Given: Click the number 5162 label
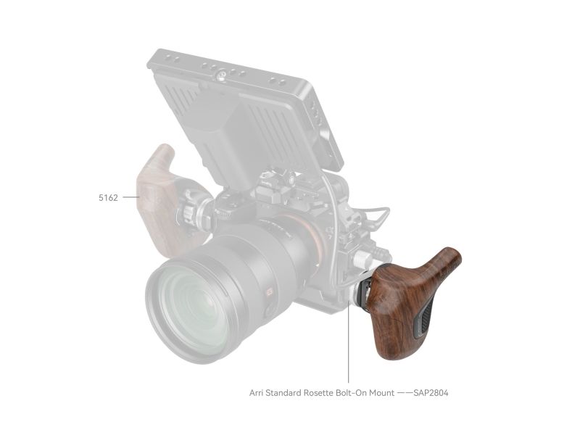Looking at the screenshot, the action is point(108,197).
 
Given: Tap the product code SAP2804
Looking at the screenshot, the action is point(431,393).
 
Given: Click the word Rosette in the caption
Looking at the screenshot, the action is point(318,393).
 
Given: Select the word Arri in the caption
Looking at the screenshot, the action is point(257,393).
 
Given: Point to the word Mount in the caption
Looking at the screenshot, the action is point(382,393).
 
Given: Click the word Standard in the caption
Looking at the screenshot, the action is point(283,393).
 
